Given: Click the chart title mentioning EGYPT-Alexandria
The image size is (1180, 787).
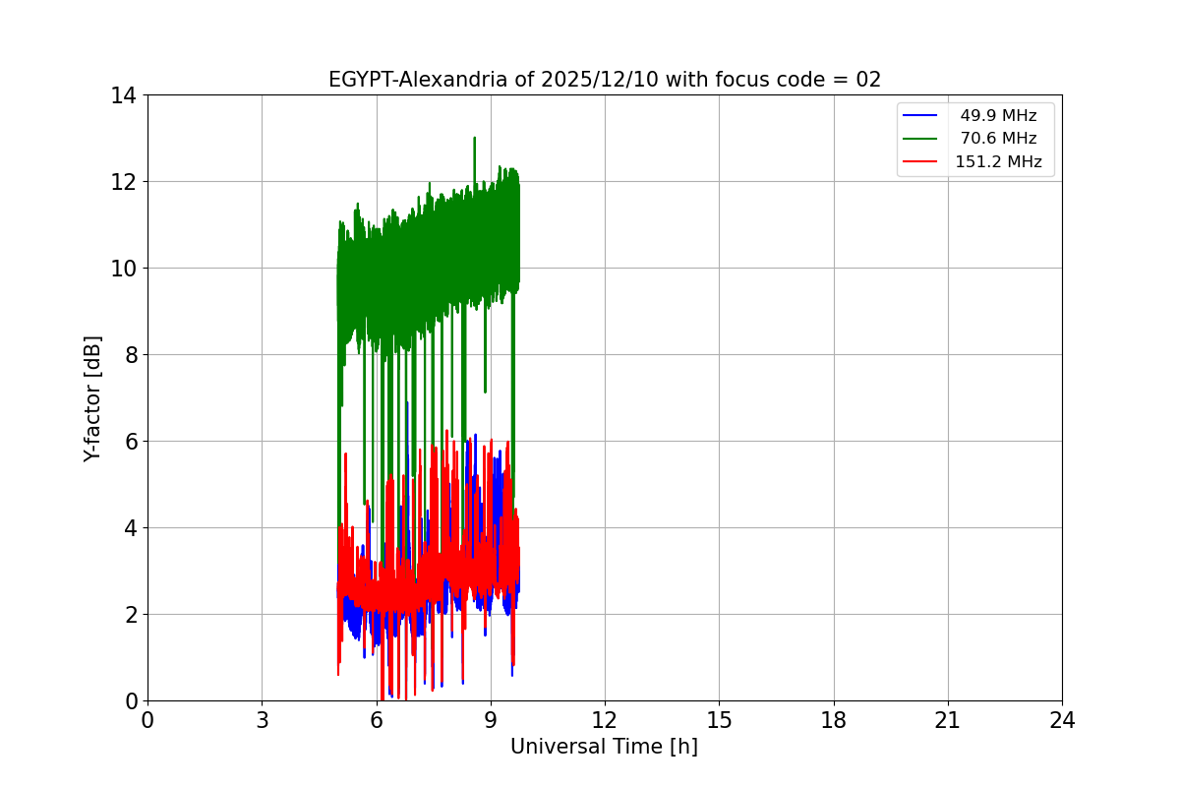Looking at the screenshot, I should [x=604, y=80].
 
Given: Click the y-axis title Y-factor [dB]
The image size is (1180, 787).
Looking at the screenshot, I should [x=92, y=398].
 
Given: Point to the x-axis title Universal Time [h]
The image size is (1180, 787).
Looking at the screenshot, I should [x=604, y=747].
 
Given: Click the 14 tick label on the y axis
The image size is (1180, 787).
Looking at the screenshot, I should [x=123, y=95].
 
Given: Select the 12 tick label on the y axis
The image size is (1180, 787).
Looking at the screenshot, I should [x=123, y=182].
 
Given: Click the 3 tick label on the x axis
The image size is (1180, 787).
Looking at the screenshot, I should [x=262, y=720].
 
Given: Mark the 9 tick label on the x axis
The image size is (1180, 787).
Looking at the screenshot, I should [x=490, y=720].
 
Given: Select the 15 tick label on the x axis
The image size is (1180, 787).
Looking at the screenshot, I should [x=719, y=720].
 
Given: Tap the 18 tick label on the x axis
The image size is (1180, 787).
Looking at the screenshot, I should [x=833, y=720].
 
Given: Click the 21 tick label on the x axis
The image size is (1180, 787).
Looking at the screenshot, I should [x=947, y=720].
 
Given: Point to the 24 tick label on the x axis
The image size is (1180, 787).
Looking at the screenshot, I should [x=1061, y=720].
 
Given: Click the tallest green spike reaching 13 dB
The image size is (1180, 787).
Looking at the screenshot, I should [x=474, y=139].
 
